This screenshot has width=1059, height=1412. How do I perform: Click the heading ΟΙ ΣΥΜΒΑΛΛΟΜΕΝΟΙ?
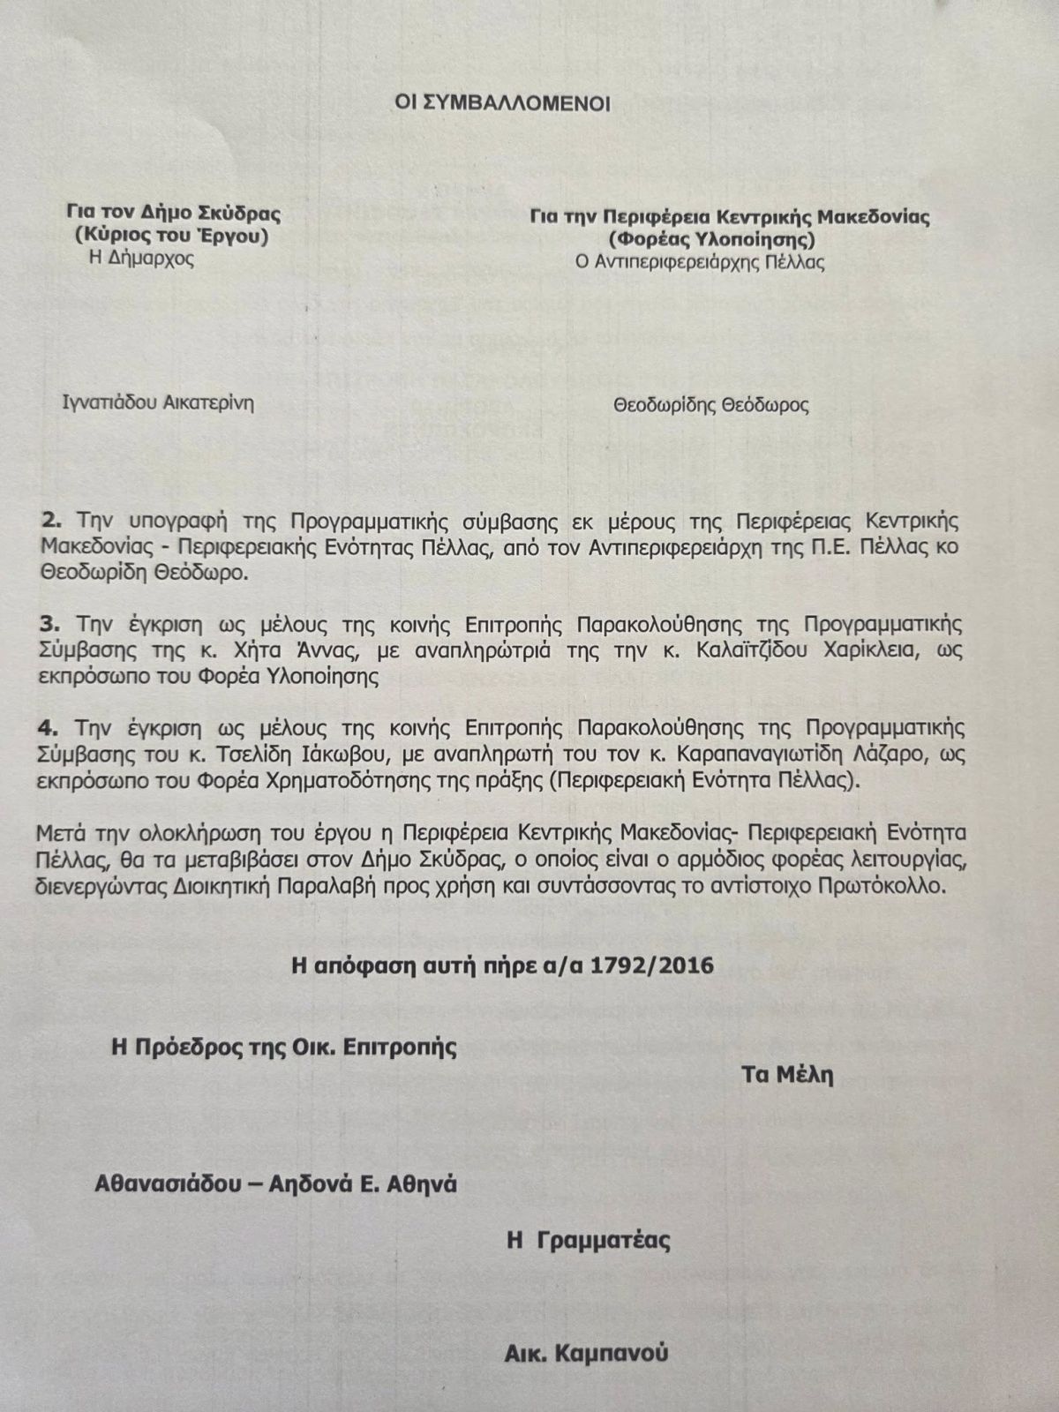502,103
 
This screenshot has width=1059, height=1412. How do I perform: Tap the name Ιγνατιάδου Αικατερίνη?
158,403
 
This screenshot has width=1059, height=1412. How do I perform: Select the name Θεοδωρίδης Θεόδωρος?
710,405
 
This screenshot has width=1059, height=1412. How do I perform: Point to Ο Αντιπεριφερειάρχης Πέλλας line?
699,262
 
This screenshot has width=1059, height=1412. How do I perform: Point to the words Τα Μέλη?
787,1075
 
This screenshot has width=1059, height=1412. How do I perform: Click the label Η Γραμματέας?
588,1240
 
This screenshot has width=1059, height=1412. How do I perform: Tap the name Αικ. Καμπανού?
586,1352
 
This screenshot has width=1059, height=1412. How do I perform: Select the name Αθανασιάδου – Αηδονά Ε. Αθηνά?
275,1183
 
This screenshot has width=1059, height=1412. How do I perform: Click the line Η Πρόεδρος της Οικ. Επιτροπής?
283,1048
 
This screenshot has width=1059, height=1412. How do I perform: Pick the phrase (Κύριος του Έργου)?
172,237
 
